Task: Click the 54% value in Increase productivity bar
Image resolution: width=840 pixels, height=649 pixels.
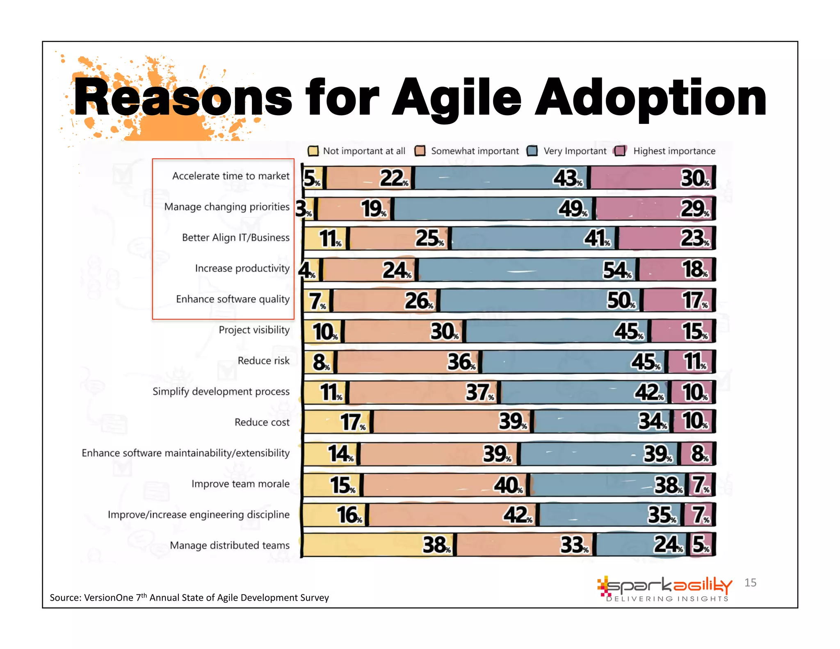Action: click(x=616, y=270)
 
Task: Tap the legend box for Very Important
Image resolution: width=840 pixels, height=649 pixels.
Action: click(x=532, y=151)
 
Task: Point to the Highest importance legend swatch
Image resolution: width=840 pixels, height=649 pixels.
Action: click(x=620, y=151)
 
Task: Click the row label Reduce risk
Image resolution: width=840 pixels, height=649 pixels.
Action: click(x=263, y=361)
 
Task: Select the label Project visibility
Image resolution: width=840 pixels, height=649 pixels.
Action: click(x=254, y=330)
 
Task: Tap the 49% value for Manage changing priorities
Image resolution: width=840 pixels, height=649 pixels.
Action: click(x=572, y=208)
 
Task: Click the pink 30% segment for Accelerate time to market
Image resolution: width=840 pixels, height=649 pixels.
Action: click(x=652, y=178)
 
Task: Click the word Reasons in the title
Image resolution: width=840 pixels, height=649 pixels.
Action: click(x=183, y=98)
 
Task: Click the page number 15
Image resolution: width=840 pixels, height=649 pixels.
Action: click(x=750, y=583)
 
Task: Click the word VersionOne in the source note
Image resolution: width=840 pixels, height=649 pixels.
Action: click(x=109, y=598)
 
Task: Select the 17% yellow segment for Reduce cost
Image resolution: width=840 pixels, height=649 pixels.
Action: click(x=336, y=422)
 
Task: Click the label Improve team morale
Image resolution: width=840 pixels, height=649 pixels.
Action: click(x=240, y=484)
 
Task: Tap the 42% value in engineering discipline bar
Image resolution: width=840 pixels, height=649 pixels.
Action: click(x=517, y=514)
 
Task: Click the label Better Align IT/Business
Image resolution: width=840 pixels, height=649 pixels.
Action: click(x=235, y=238)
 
